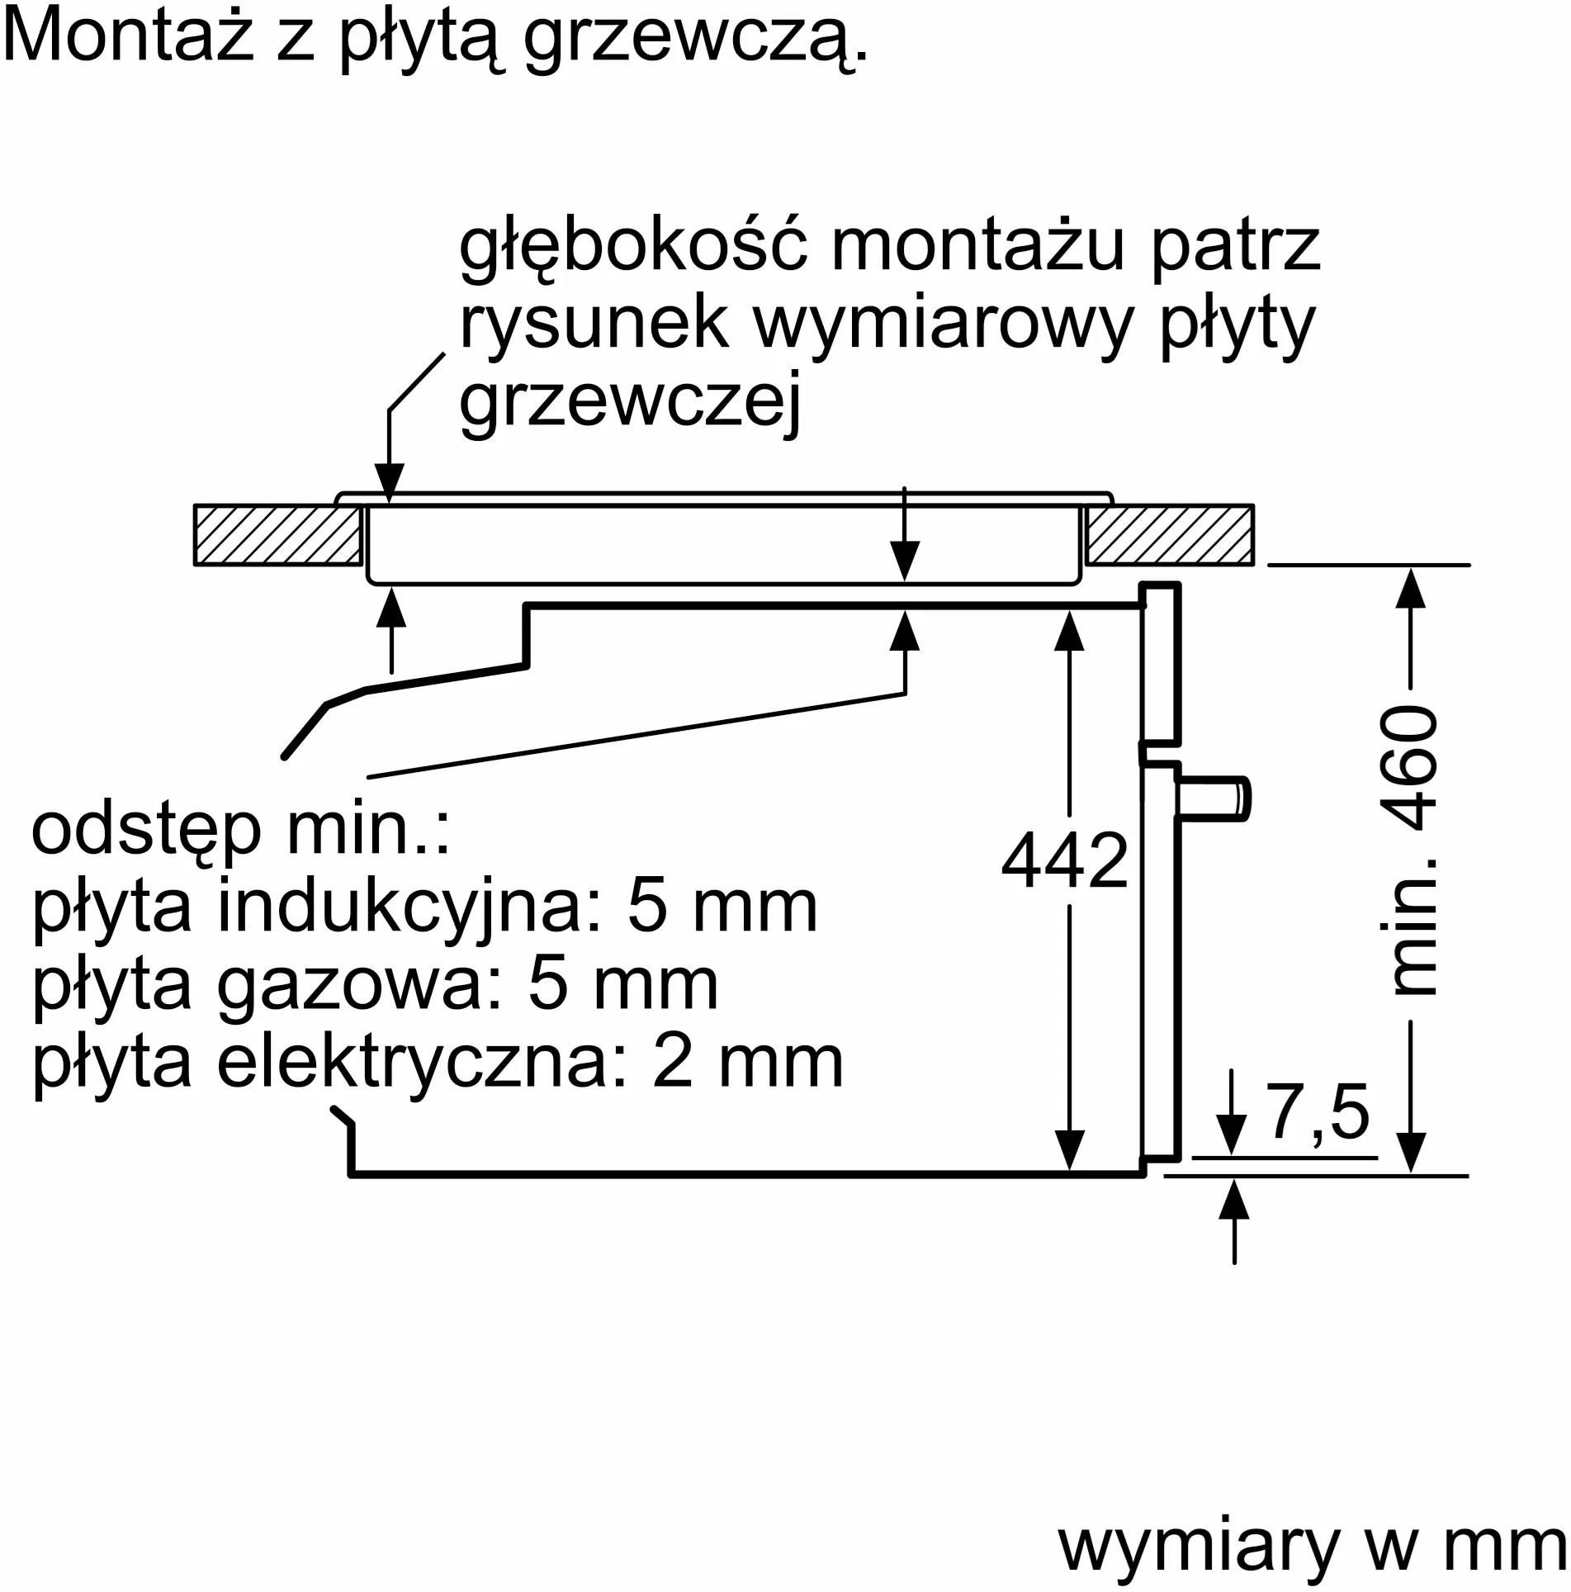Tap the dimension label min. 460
click(1412, 850)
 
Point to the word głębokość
click(633, 245)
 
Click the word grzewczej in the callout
click(631, 403)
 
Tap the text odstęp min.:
click(241, 832)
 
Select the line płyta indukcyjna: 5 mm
click(424, 907)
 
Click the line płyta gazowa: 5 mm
click(375, 984)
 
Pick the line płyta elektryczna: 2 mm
click(438, 1062)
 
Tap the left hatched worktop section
click(278, 535)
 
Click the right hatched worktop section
click(1170, 535)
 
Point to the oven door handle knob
click(1214, 799)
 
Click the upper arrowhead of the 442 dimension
click(1069, 631)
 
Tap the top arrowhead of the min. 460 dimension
click(1411, 587)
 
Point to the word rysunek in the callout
click(594, 324)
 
